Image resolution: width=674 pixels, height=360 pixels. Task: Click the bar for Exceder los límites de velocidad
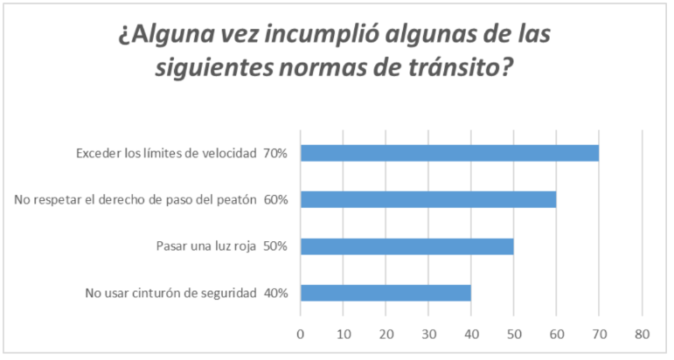coord(449,153)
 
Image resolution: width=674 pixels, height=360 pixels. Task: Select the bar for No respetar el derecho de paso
coord(428,200)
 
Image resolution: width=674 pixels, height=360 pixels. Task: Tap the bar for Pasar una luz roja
coord(406,246)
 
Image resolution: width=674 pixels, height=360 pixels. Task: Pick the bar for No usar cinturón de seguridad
coord(386,293)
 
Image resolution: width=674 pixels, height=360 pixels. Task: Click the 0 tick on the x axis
coord(301,332)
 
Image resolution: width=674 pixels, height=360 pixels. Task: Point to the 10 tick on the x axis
coord(344,332)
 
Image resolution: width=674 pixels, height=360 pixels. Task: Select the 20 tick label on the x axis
coord(386,332)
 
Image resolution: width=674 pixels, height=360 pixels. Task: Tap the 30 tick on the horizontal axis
coord(428,332)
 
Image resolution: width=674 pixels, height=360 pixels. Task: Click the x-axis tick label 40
coord(471,332)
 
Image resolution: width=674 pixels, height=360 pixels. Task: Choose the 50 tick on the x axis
coord(514,332)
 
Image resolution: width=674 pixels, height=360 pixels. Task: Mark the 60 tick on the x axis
coord(556,332)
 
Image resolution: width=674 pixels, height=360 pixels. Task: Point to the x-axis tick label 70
coord(599,332)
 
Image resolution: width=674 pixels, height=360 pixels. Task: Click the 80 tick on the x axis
coord(642,332)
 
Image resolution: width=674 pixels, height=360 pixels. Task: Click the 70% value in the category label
coord(275,154)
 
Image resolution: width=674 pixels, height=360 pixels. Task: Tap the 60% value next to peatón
coord(275,200)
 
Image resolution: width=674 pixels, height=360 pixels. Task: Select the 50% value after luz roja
coord(275,246)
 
